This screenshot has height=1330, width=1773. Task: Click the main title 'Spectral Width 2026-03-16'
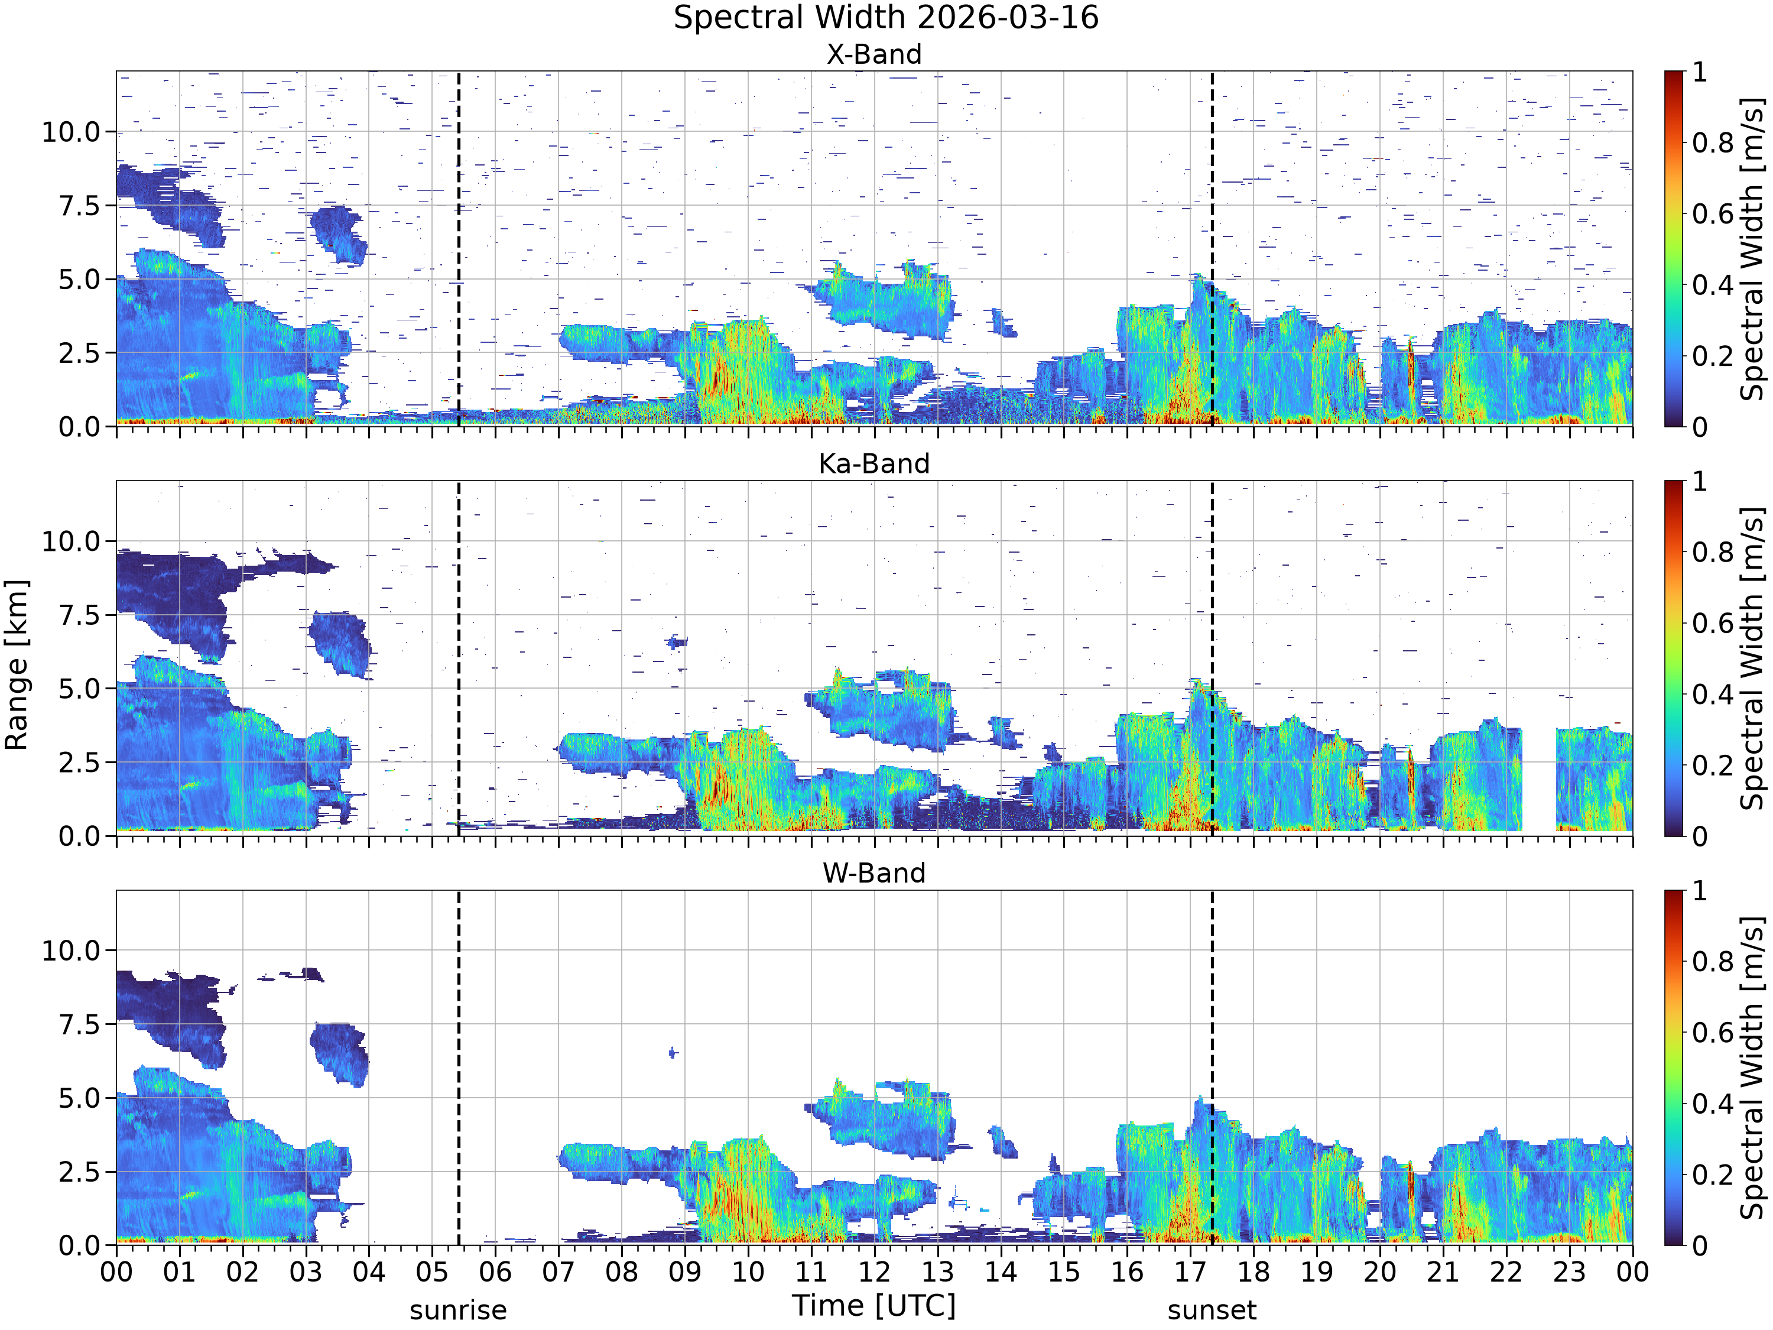coord(886,18)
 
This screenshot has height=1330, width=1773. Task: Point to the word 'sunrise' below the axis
coord(459,1310)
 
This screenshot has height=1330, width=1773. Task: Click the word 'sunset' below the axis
coord(1212,1310)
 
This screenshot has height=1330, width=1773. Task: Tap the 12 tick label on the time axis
coord(875,1272)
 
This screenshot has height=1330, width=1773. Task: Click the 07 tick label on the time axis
coord(558,1272)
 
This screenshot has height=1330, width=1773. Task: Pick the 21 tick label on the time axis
coord(1443,1272)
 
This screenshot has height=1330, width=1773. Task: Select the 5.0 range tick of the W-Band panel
coord(80,1098)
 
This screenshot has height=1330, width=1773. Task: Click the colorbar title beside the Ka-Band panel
coord(1753,658)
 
